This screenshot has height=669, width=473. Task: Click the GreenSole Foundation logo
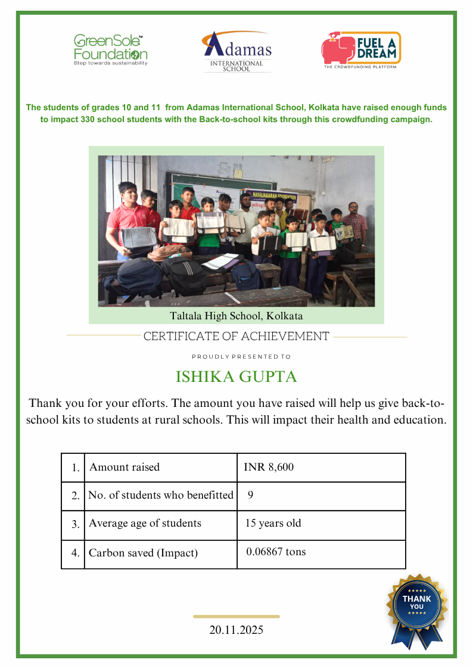pos(110,49)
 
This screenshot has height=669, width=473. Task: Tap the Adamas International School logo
pos(237,52)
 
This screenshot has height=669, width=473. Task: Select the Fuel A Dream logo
pos(361,50)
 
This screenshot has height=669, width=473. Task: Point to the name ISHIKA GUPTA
pos(236,377)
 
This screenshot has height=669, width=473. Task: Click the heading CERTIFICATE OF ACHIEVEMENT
pos(236,337)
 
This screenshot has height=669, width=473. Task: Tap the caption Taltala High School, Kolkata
pos(236,316)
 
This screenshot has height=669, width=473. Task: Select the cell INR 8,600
pos(269,468)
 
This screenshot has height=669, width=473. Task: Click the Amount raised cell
pos(125,468)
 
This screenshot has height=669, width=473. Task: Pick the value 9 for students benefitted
pos(251,495)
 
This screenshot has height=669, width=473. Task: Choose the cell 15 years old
pos(273,524)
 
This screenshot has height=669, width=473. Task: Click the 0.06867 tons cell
pos(276,552)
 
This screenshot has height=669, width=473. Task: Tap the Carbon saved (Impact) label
pos(143,553)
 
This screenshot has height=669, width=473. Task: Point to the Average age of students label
pos(145,524)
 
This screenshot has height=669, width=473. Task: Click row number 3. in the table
pos(75,525)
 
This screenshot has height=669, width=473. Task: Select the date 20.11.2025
pos(236,630)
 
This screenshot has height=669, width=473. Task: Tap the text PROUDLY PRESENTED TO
pos(241,357)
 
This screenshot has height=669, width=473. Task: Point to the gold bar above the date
pos(236,617)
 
